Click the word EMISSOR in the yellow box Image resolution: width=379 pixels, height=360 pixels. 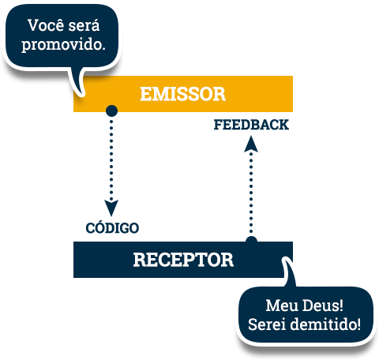tap(182, 94)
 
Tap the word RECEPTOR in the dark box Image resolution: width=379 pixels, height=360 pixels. tap(183, 260)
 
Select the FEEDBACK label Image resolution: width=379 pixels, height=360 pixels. tap(251, 125)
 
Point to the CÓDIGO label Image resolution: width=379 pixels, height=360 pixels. tap(112, 227)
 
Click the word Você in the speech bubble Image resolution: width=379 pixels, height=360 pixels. tap(46, 25)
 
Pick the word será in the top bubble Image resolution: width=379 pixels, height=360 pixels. tap(84, 25)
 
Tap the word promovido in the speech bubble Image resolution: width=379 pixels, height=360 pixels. tap(62, 45)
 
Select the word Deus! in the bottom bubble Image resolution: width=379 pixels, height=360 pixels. tap(323, 306)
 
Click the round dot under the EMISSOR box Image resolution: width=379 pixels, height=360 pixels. tap(111, 111)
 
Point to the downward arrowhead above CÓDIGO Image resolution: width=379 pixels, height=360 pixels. tap(111, 208)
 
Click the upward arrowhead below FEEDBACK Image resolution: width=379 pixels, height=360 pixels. tap(251, 144)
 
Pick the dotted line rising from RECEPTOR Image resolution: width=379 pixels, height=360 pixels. tap(251, 193)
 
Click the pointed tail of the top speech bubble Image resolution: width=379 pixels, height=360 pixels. tap(81, 94)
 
